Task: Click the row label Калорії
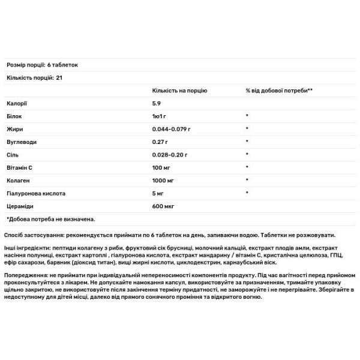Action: (16, 103)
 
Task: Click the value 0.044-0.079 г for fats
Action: (171, 129)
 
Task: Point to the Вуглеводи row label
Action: (20, 142)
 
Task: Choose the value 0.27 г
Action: (160, 142)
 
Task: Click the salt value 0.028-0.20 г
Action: (170, 155)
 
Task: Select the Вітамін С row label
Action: (20, 167)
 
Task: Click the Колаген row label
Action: (17, 181)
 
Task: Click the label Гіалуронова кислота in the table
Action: (35, 193)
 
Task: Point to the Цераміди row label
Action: (20, 206)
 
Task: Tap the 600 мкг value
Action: (163, 206)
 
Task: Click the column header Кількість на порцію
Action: (179, 90)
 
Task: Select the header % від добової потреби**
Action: (279, 90)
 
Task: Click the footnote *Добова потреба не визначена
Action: (51, 219)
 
